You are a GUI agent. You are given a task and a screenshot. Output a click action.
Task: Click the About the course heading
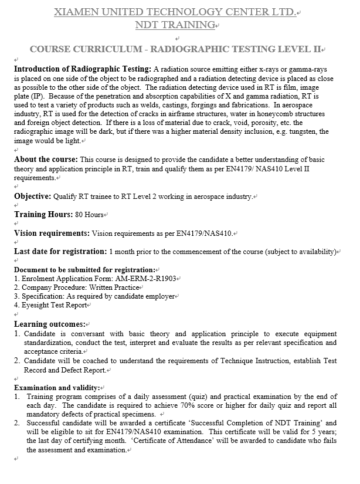pyautogui.click(x=46, y=160)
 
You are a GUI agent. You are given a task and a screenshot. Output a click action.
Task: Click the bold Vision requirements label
pyautogui.click(x=52, y=233)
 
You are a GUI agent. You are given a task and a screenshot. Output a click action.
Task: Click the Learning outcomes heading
pyautogui.click(x=49, y=324)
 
